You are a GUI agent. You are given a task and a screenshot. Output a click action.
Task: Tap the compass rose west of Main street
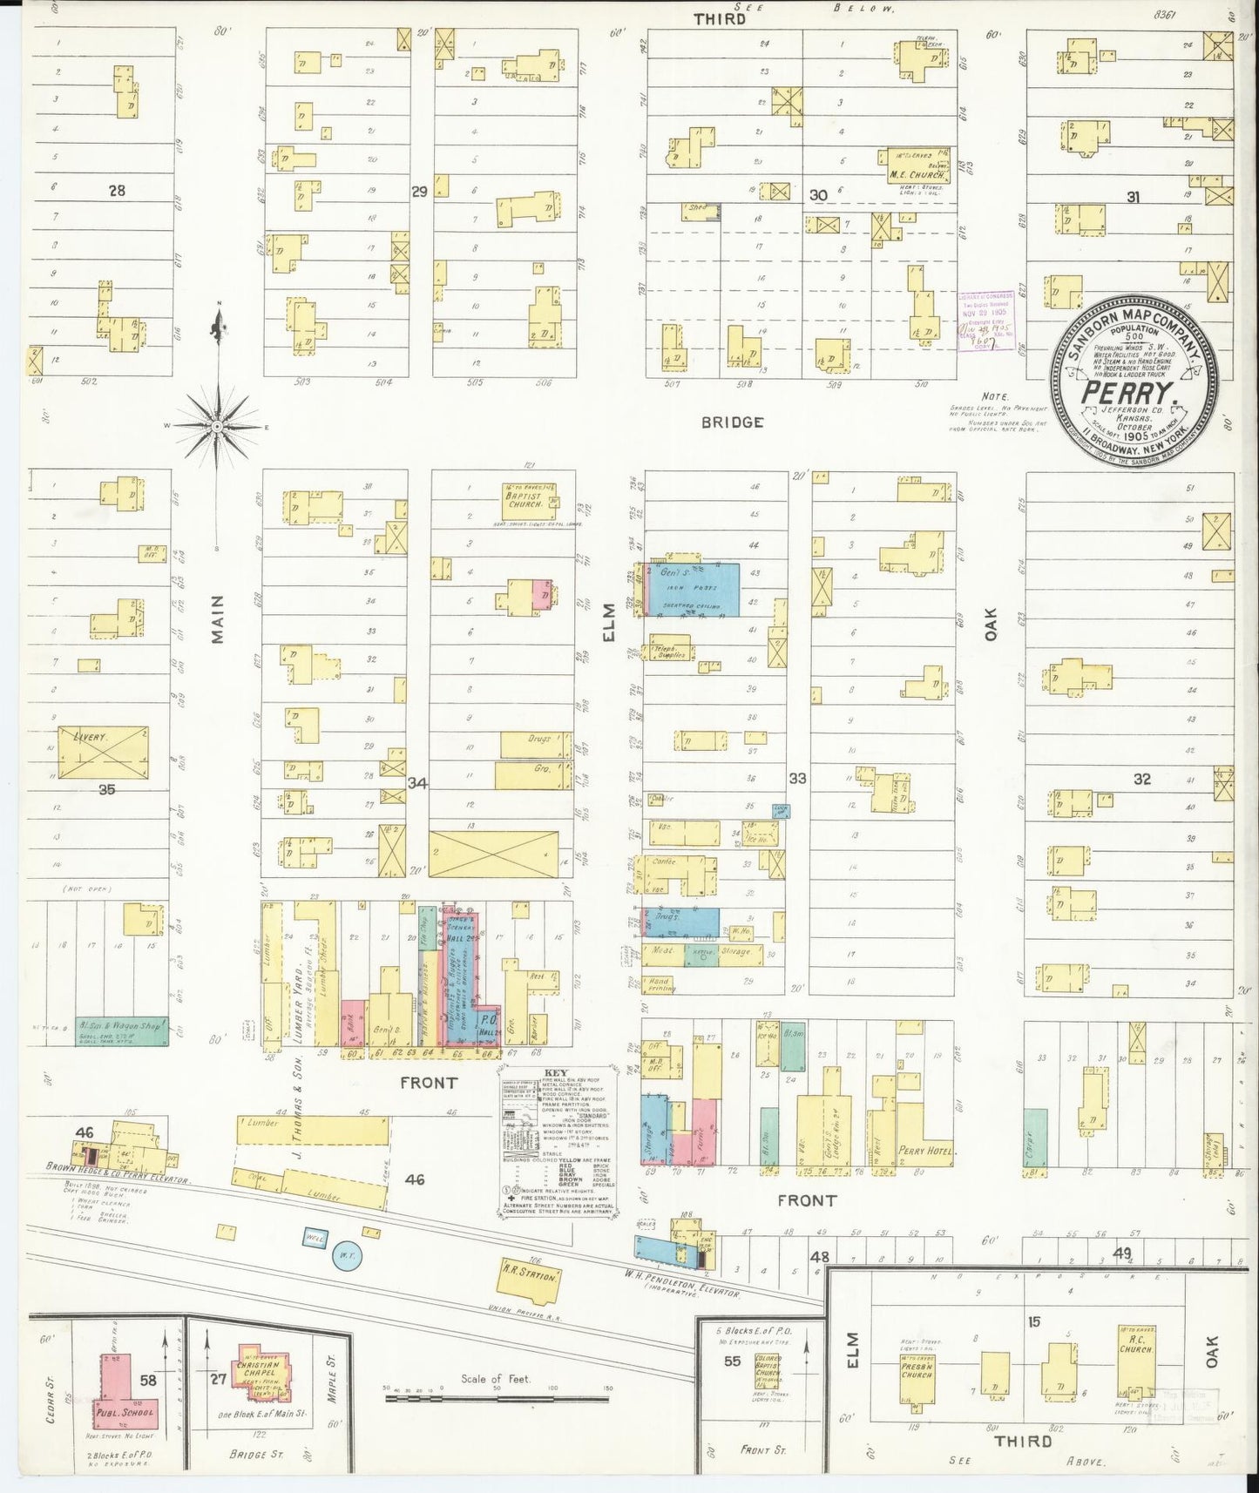pos(218,426)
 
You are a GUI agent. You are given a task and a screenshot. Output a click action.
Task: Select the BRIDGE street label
pos(732,422)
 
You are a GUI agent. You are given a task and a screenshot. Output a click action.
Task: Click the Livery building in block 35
pos(103,753)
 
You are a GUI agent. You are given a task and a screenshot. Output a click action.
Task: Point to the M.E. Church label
pos(917,174)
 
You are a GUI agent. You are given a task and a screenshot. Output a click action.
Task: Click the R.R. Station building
pos(528,1276)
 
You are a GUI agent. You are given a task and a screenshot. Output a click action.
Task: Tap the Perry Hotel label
pos(927,1150)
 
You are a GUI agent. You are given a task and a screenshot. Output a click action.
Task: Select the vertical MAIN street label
pos(216,620)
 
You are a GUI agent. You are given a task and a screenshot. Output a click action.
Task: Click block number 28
pos(117,190)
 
